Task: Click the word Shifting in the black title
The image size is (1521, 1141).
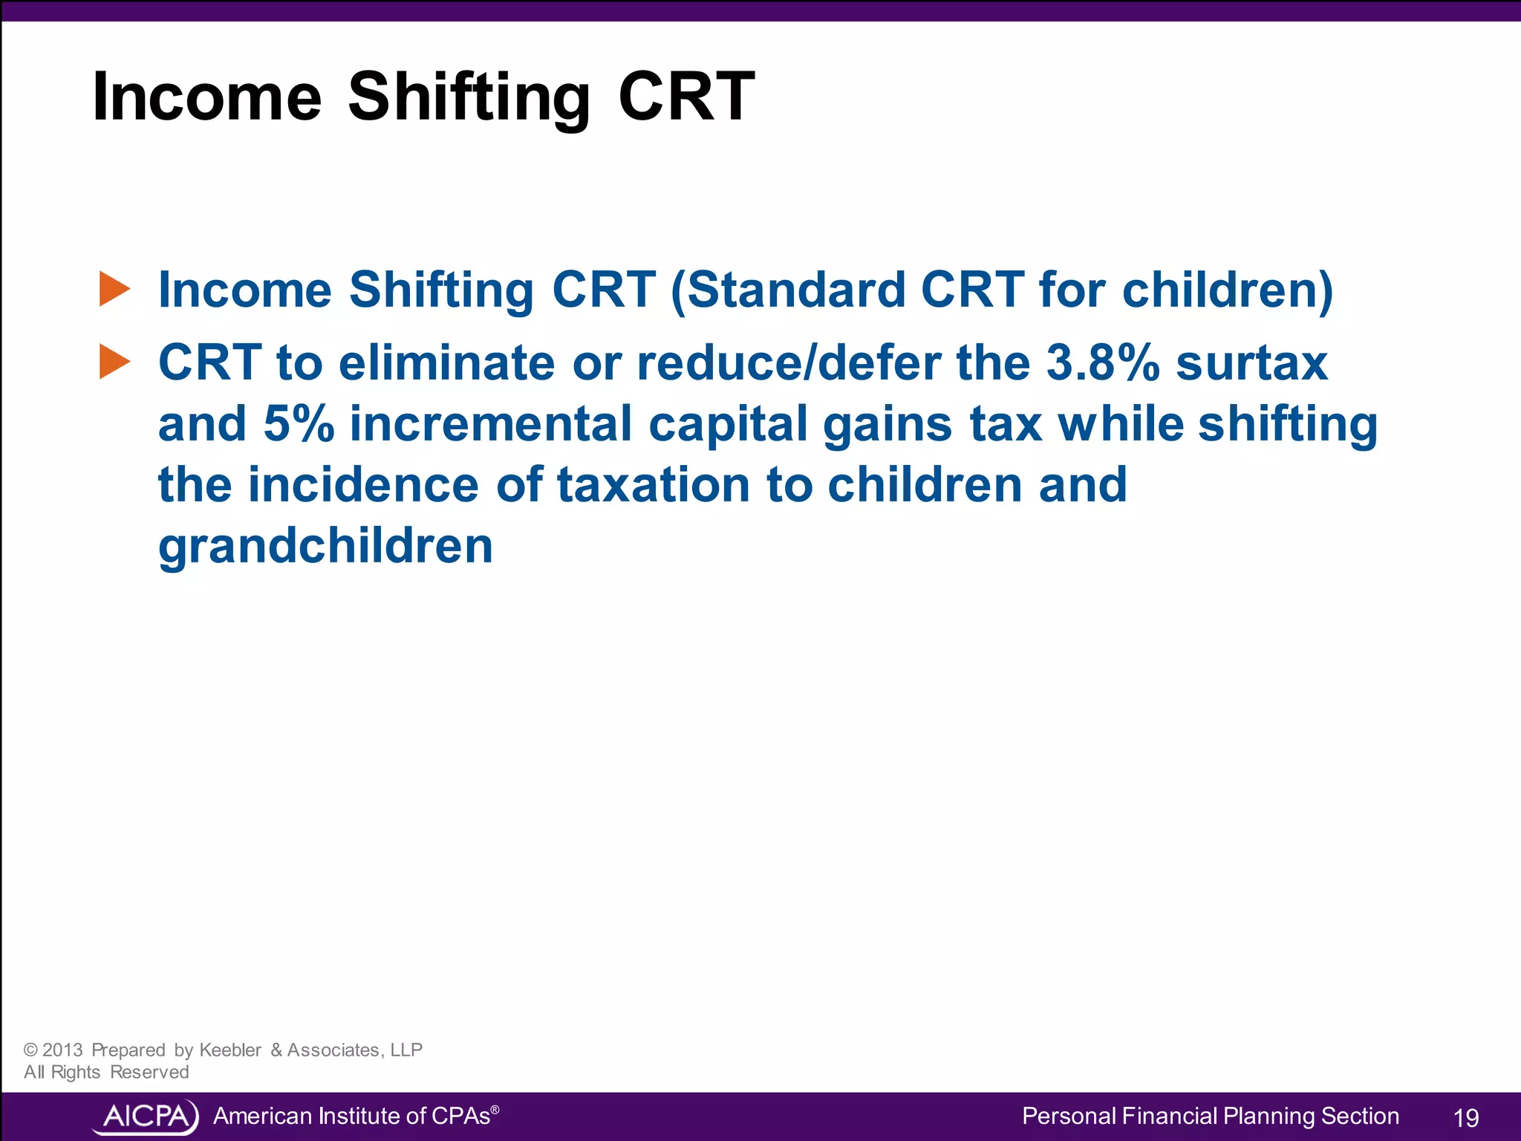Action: click(469, 97)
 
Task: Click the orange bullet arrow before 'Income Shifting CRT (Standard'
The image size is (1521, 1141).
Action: click(114, 289)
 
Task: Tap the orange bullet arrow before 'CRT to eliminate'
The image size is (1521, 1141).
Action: click(114, 362)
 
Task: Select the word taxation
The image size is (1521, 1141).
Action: click(654, 484)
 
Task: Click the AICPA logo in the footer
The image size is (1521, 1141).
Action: click(146, 1116)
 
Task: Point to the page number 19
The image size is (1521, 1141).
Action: click(1465, 1118)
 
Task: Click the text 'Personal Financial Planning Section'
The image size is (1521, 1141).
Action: click(1210, 1116)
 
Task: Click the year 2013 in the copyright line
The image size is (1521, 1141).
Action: click(62, 1050)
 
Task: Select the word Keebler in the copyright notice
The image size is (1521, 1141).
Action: click(230, 1050)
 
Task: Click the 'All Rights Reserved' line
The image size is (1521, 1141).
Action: click(106, 1072)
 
